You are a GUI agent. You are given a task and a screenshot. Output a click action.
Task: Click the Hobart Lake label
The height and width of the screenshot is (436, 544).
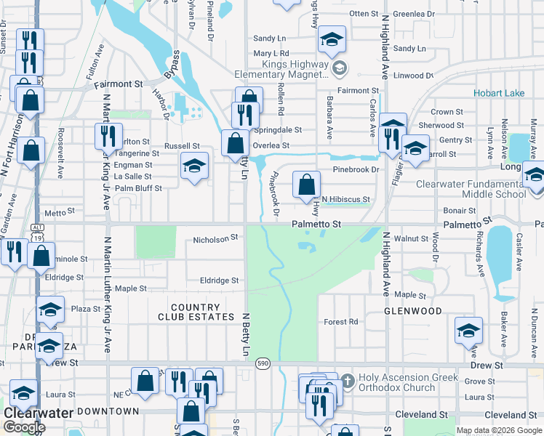click(x=498, y=93)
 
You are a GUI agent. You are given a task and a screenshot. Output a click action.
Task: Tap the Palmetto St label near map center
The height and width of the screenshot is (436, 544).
click(x=317, y=225)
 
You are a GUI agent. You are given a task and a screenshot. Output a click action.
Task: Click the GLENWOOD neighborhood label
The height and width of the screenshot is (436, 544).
click(x=413, y=311)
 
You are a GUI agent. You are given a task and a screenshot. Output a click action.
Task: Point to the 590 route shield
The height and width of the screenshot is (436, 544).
click(x=263, y=363)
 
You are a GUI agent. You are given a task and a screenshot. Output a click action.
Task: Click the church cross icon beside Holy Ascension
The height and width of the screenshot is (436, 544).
click(x=348, y=379)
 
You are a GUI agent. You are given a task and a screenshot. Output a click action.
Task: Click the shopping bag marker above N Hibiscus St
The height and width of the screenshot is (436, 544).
click(x=307, y=185)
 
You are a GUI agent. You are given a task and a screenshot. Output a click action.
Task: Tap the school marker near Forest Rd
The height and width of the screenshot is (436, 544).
click(x=468, y=331)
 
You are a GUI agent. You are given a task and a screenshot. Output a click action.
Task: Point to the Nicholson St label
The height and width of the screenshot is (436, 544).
click(x=215, y=238)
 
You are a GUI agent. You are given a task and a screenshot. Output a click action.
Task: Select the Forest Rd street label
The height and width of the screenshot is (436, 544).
click(x=341, y=321)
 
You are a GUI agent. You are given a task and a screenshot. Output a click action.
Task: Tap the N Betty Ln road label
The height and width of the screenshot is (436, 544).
click(x=246, y=335)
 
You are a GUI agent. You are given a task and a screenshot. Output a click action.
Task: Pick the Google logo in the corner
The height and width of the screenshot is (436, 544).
click(x=24, y=427)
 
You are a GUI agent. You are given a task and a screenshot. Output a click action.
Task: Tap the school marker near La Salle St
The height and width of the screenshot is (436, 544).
click(x=194, y=166)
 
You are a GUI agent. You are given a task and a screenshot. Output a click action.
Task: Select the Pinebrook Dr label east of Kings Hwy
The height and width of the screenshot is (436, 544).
click(x=356, y=169)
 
